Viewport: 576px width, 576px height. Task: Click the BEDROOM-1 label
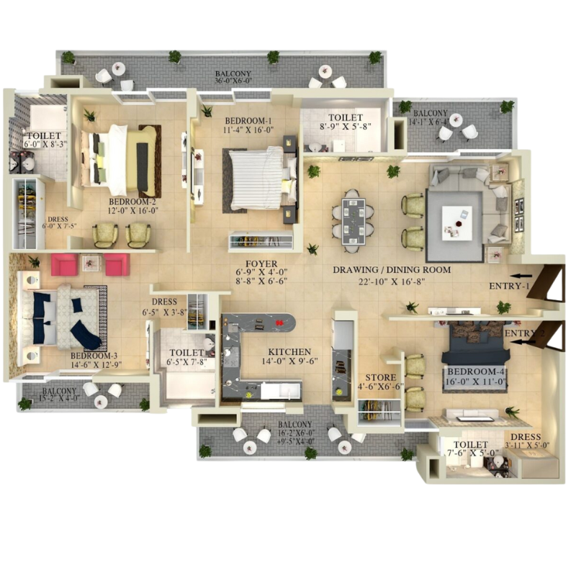pos(248,120)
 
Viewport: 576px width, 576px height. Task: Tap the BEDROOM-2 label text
pos(132,202)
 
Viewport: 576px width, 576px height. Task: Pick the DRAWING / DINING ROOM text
pos(392,270)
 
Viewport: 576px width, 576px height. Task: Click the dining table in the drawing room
pos(353,217)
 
